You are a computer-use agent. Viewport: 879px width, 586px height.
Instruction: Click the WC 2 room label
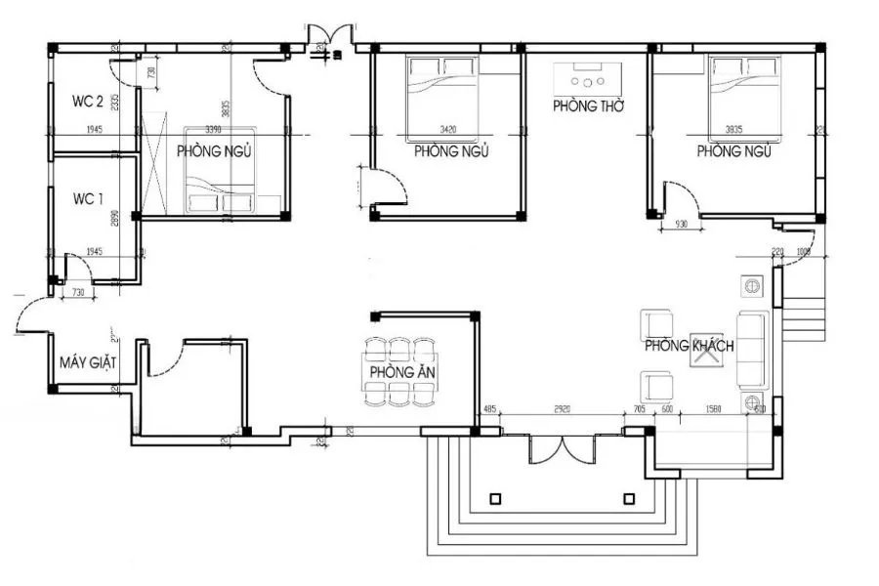click(88, 101)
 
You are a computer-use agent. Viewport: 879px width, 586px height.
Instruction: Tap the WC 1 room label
click(88, 198)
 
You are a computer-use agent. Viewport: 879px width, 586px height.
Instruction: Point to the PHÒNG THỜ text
click(588, 105)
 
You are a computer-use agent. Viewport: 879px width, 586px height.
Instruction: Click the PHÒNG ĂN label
click(396, 374)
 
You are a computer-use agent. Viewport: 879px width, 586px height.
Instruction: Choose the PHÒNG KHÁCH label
click(689, 346)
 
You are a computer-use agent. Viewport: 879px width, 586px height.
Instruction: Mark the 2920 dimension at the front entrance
click(563, 410)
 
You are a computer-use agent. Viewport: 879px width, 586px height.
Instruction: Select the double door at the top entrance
click(324, 37)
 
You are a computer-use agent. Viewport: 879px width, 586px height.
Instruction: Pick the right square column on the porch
click(629, 498)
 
